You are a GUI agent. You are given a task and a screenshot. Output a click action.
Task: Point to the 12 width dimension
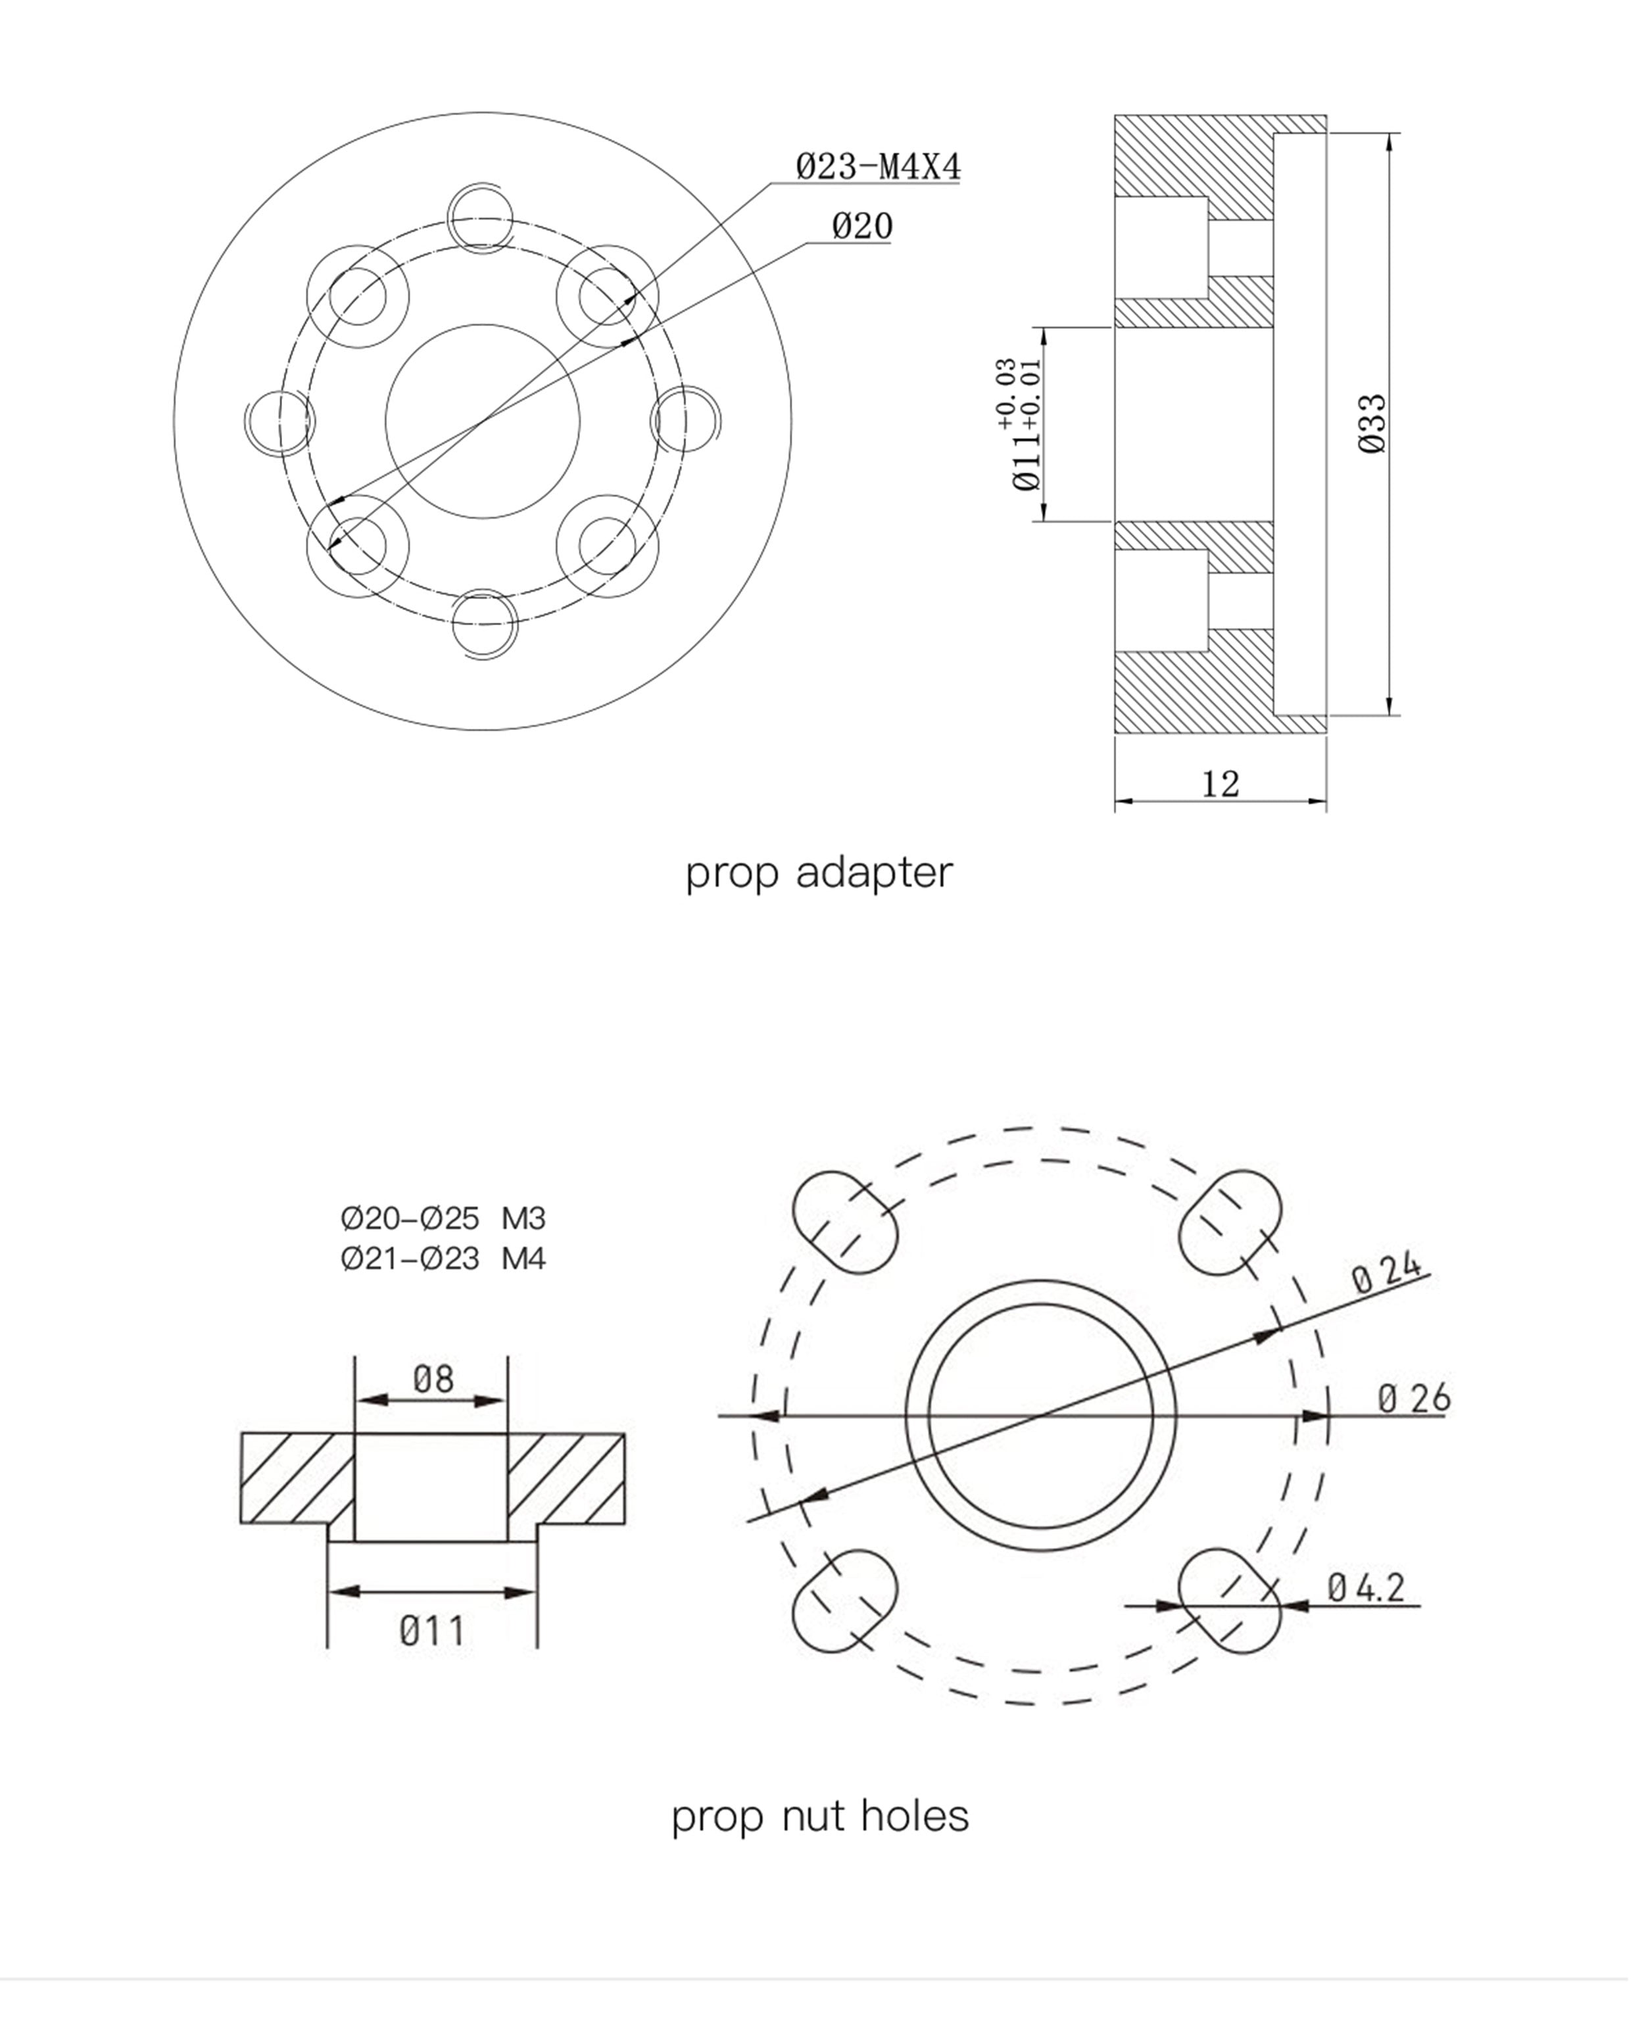[x=1221, y=783]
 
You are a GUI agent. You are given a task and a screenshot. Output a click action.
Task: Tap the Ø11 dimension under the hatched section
[x=432, y=1631]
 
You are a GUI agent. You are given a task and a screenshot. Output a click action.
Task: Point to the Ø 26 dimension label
[x=1414, y=1398]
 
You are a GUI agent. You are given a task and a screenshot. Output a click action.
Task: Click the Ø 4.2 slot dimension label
[x=1366, y=1587]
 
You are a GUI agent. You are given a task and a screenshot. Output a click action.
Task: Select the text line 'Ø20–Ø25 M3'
[x=443, y=1218]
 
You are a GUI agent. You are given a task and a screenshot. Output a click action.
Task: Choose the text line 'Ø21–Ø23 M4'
[x=443, y=1259]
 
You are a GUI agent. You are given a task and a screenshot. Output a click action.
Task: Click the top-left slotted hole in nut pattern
[x=844, y=1222]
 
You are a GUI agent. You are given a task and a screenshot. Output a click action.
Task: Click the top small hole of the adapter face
[x=482, y=220]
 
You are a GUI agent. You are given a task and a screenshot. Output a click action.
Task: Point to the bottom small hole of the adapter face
[x=484, y=624]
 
